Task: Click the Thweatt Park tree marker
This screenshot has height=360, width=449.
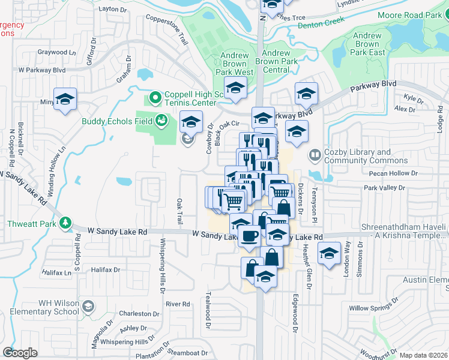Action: [x=65, y=224]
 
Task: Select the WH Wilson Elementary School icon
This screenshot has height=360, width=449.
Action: [x=88, y=307]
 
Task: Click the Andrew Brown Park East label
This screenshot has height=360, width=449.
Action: [x=367, y=44]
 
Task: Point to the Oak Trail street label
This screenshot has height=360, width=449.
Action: [x=179, y=212]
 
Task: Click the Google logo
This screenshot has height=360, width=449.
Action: [x=20, y=353]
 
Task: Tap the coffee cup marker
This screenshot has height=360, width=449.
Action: [x=250, y=235]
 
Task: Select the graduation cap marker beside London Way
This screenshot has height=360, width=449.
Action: [x=329, y=254]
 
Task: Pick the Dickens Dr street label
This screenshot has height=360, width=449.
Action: [x=301, y=196]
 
